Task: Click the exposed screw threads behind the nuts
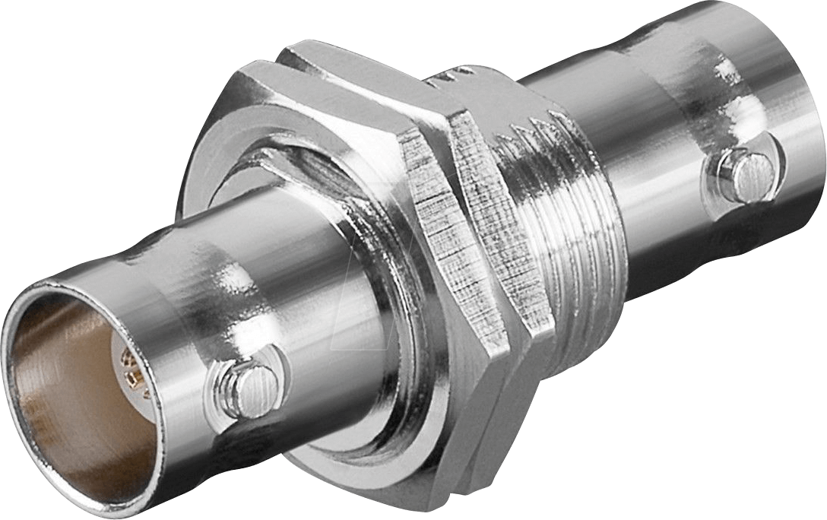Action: (578, 228)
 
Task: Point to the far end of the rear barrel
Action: (806, 114)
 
